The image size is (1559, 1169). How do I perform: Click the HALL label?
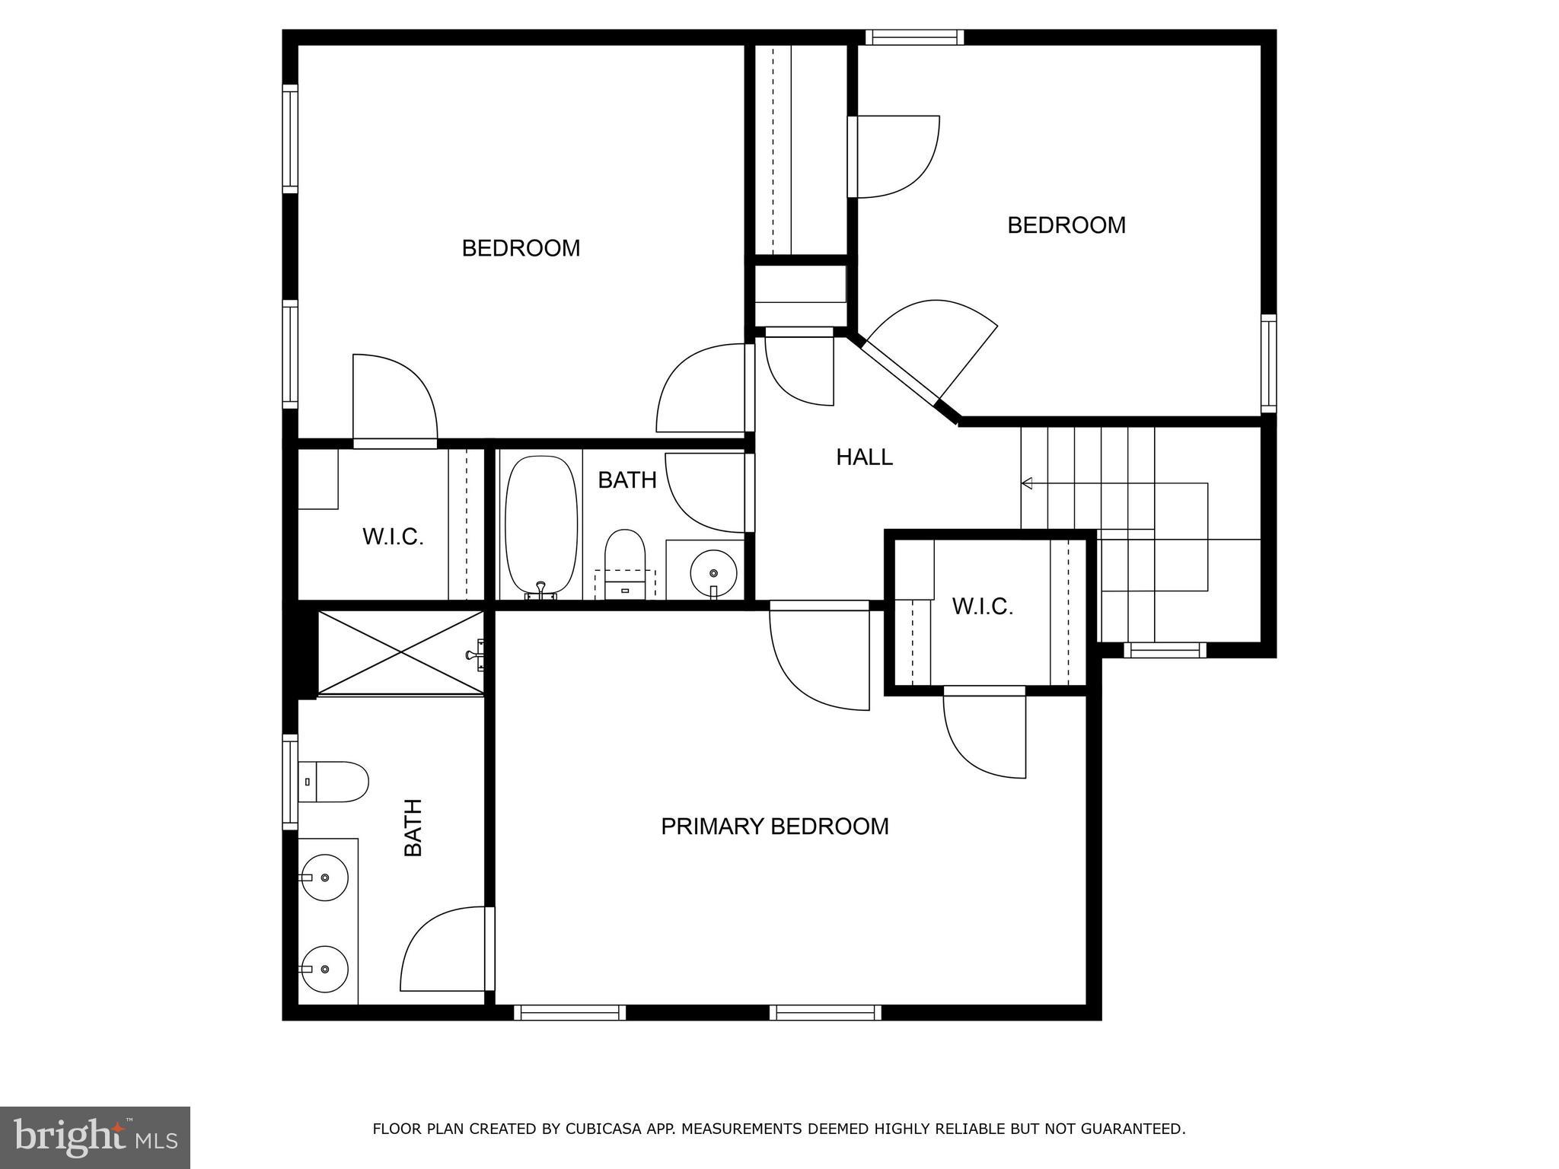(x=864, y=457)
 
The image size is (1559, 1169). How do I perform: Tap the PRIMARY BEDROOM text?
(x=774, y=827)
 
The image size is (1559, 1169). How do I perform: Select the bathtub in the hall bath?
(x=541, y=525)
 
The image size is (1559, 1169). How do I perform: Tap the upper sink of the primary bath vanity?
(x=324, y=878)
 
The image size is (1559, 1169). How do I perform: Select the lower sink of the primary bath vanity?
(x=324, y=969)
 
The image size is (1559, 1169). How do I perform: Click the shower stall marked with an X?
(x=400, y=653)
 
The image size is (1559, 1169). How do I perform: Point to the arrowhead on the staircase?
(x=1027, y=483)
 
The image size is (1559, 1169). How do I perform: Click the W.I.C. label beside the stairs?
(x=982, y=607)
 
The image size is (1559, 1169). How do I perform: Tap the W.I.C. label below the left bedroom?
(x=393, y=537)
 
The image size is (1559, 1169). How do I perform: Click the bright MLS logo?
(x=95, y=1137)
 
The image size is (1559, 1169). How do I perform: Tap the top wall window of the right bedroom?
(x=914, y=37)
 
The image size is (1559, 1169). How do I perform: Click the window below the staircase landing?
(x=1165, y=650)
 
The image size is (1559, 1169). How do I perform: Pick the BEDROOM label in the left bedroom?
(x=521, y=248)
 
